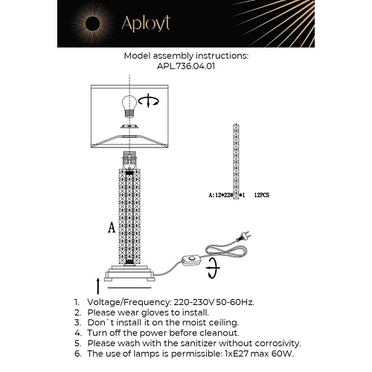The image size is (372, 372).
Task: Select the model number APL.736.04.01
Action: click(185, 65)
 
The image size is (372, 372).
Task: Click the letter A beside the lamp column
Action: click(112, 228)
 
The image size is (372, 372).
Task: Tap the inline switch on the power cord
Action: click(196, 260)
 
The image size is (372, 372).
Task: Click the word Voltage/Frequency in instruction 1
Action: click(125, 302)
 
